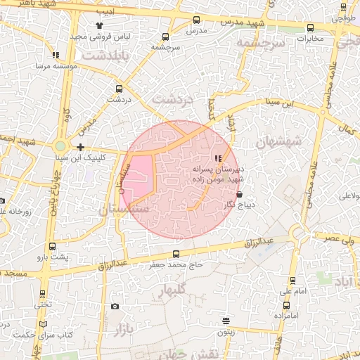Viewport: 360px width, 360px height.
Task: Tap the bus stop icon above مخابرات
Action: click(311, 28)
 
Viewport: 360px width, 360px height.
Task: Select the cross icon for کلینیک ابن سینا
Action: click(81, 148)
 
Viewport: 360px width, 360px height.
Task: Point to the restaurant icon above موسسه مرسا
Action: click(56, 54)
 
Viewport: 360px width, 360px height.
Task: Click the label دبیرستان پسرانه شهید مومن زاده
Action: click(218, 174)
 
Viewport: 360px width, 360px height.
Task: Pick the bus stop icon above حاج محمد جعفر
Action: click(176, 255)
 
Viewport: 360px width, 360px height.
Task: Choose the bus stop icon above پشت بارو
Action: click(53, 247)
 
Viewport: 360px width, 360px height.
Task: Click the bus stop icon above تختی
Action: click(43, 294)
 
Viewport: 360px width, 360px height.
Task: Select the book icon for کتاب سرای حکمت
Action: click(44, 324)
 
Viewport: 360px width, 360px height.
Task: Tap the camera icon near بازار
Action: click(115, 307)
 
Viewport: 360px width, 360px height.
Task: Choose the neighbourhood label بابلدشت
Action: click(105, 54)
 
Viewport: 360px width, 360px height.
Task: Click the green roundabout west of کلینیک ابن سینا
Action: click(61, 147)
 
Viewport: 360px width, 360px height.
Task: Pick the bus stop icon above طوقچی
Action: click(342, 8)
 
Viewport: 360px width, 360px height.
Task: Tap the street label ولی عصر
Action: click(339, 239)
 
